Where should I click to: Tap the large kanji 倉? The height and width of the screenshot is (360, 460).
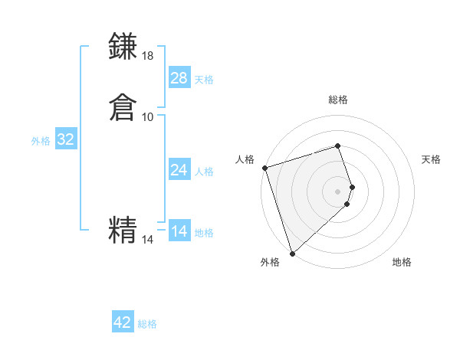123,107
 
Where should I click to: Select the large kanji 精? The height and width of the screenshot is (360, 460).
123,230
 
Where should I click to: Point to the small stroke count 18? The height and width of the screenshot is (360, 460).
148,56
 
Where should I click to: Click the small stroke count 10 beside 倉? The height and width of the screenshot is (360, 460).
148,116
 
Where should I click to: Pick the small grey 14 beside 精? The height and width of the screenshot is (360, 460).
148,240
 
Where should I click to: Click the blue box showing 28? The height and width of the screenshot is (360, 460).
179,78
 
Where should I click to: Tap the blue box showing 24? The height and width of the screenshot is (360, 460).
179,170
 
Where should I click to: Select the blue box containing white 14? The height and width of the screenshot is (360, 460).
179,231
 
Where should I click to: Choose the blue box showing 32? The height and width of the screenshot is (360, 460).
65,139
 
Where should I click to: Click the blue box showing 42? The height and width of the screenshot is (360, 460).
123,322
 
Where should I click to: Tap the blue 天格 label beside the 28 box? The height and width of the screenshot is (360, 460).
204,80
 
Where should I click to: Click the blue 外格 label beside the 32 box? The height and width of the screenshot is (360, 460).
41,141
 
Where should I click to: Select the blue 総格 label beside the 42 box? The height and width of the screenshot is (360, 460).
147,324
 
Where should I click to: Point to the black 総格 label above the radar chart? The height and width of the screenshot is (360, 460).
338,100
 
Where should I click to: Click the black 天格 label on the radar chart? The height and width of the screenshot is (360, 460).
432,159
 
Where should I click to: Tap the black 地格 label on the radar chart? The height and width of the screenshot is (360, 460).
402,262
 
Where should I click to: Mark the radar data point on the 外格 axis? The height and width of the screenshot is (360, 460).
292,253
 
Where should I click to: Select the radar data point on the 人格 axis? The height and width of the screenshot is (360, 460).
264,168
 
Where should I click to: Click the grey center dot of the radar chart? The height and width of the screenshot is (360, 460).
338,190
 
